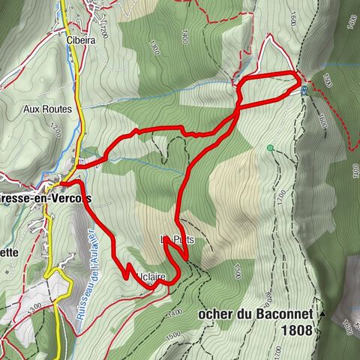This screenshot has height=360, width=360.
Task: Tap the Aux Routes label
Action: (47, 109)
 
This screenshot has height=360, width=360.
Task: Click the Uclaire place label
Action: (151, 277)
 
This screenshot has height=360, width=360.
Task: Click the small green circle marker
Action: (269, 148)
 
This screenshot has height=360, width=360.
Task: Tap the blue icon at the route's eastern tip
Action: (304, 91)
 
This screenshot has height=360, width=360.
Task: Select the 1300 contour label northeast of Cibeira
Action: (154, 46)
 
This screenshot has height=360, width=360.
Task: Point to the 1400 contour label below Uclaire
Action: (175, 311)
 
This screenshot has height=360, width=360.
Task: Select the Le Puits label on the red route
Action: (172, 239)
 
